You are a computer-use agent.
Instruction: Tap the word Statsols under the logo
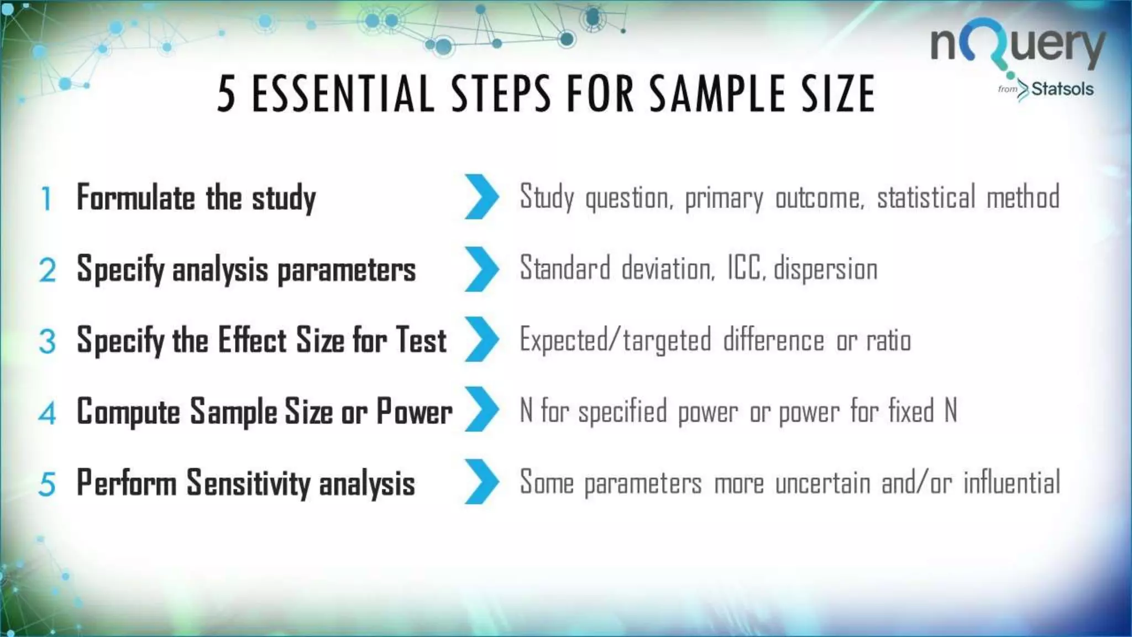(1062, 89)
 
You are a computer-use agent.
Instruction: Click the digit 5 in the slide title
(226, 94)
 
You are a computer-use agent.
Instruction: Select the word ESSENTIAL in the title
(343, 94)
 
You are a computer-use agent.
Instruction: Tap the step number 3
(48, 341)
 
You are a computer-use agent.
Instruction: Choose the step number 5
(47, 484)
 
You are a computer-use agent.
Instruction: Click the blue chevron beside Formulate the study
(481, 197)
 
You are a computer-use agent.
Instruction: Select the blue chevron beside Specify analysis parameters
(481, 269)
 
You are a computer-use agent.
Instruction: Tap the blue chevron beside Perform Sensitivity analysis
(481, 482)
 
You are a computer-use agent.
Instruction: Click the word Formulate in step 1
(136, 197)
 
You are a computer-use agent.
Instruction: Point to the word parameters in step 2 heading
(346, 270)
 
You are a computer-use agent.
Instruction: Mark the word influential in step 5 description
(1012, 482)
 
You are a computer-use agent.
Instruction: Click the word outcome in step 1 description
(820, 197)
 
